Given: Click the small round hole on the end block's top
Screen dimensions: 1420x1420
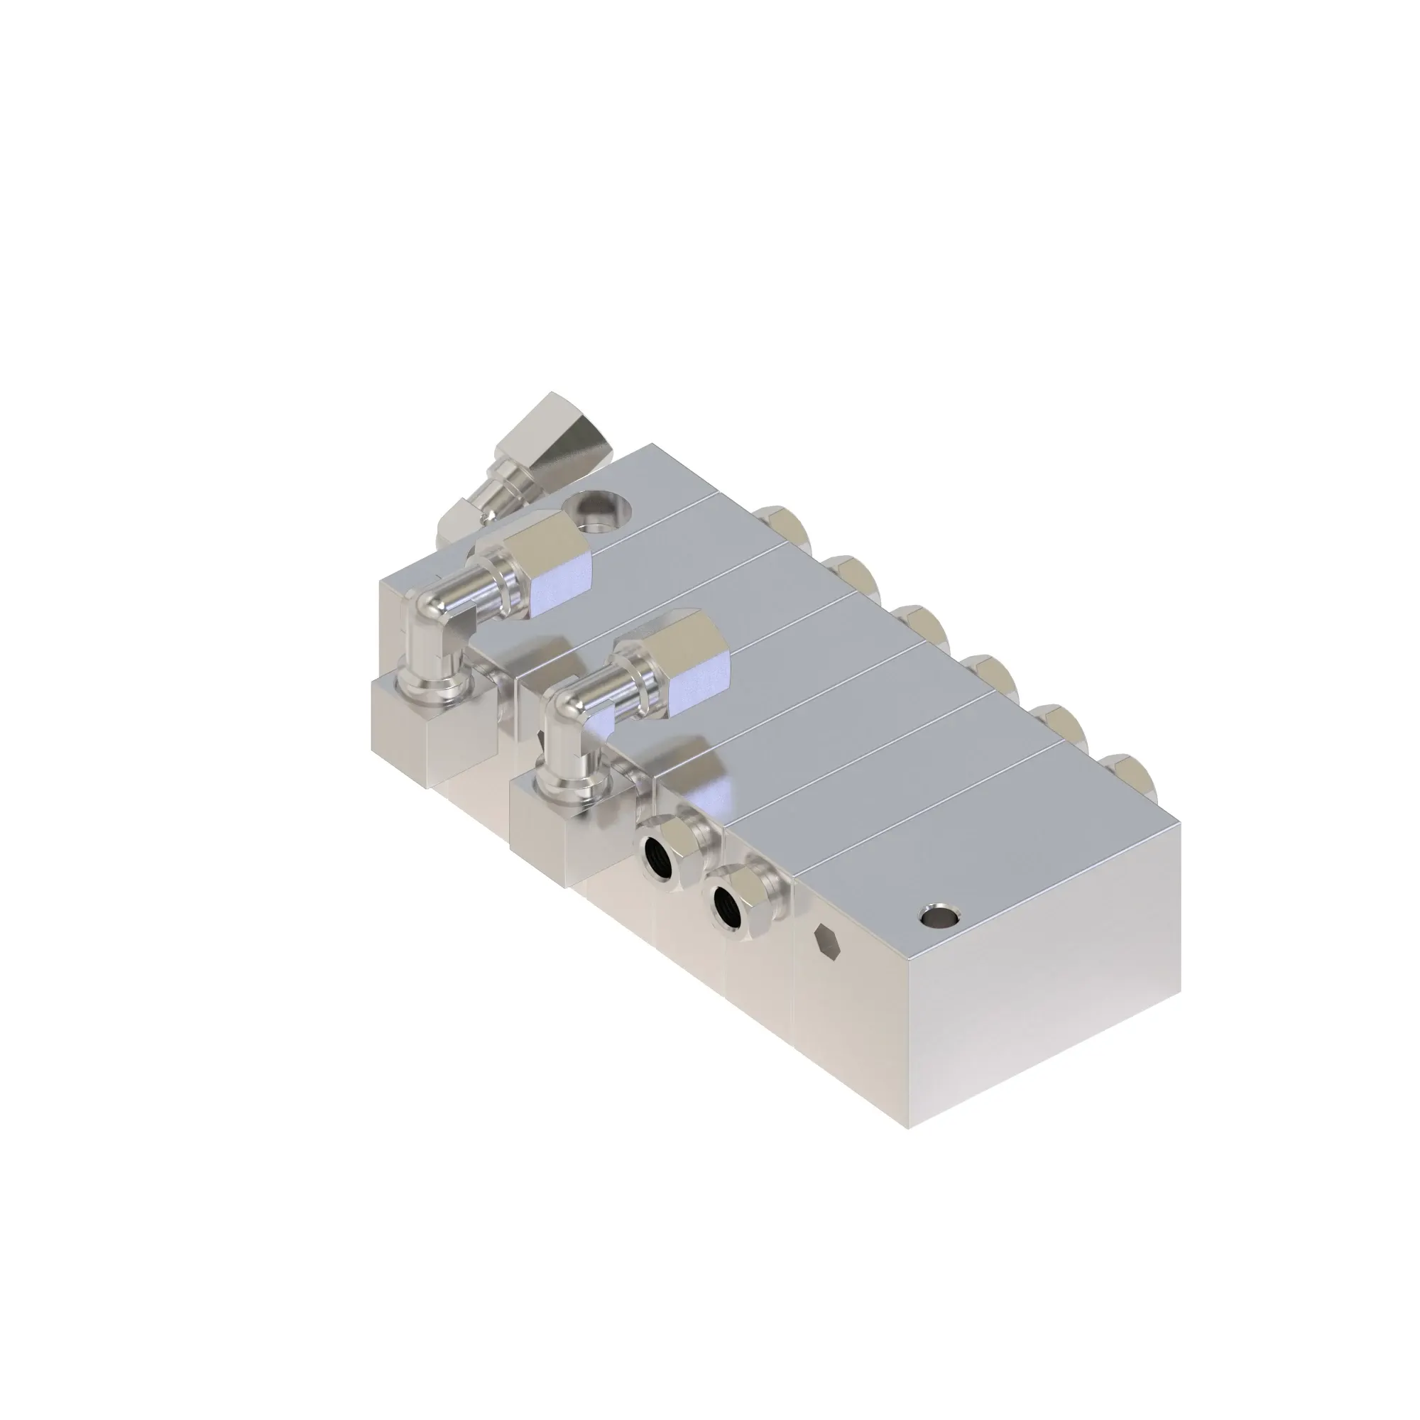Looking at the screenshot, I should point(939,916).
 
